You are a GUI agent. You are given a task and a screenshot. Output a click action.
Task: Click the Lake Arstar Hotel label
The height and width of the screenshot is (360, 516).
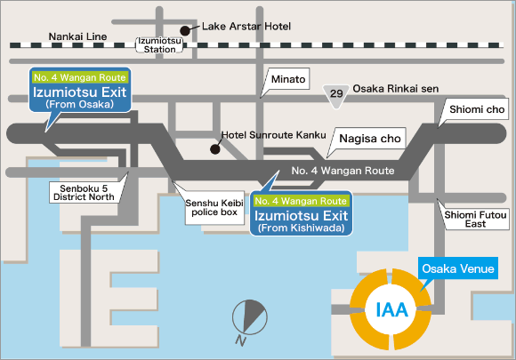click(246, 27)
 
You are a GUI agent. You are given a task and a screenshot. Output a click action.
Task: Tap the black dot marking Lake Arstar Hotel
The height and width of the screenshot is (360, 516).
click(185, 31)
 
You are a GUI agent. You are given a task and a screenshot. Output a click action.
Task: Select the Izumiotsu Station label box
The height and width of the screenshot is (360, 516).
click(159, 45)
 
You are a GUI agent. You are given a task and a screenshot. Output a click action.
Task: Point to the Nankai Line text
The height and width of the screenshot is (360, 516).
click(77, 36)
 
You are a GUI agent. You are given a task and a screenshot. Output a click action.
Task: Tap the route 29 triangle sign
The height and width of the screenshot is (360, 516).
click(336, 96)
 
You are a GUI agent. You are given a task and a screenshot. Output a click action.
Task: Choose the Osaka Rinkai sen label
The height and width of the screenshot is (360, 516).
click(396, 89)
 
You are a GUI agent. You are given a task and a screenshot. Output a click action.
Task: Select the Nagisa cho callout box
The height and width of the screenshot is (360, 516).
click(370, 139)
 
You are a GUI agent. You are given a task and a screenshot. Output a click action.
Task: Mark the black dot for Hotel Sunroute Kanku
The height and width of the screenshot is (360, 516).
click(215, 149)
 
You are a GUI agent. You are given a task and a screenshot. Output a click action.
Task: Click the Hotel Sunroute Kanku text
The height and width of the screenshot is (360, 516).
click(273, 135)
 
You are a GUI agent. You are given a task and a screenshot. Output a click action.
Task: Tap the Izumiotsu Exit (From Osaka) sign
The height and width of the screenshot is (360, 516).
click(80, 90)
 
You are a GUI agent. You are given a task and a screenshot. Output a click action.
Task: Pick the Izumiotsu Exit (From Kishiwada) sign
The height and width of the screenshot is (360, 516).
click(301, 213)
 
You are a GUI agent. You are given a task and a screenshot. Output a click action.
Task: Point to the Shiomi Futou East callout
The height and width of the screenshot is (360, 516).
click(475, 220)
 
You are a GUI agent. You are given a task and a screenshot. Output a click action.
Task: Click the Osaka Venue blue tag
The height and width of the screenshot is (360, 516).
click(458, 268)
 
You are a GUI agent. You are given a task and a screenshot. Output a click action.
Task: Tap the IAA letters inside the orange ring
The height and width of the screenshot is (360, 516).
click(391, 310)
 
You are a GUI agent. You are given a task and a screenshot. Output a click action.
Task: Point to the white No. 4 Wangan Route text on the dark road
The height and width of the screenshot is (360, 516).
click(343, 171)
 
